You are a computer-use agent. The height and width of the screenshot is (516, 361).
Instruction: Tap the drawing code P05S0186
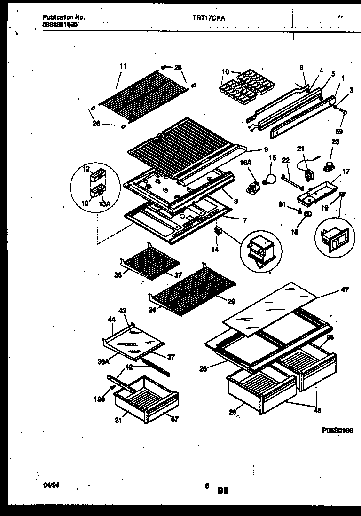[x=337, y=430]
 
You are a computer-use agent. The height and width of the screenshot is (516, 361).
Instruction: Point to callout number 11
[x=123, y=66]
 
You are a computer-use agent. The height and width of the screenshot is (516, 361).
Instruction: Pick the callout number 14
[x=214, y=250]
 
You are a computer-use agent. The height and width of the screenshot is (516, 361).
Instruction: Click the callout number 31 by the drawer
[x=120, y=421]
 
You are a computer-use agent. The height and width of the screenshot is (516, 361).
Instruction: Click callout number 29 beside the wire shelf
[x=231, y=301]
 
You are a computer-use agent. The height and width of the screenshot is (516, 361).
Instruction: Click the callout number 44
[x=111, y=319]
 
